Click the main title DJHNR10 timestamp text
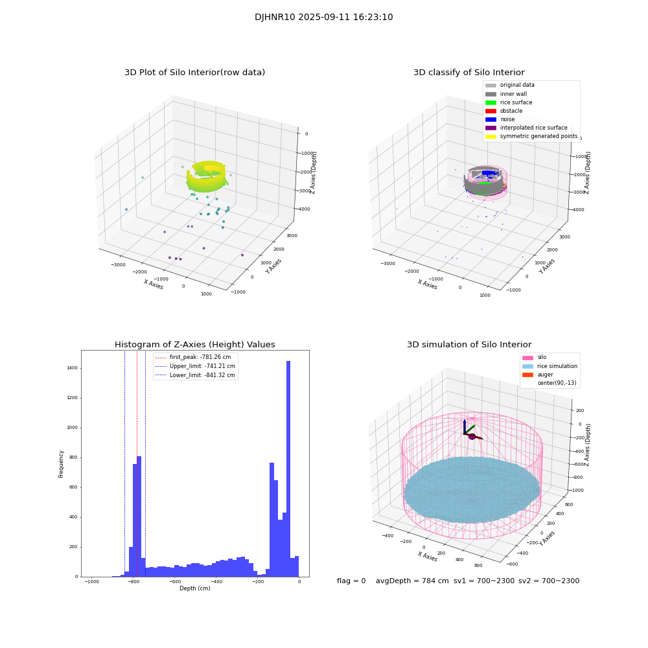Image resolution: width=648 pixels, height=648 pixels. [x=323, y=17]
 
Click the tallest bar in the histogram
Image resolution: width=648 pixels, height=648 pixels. [x=288, y=467]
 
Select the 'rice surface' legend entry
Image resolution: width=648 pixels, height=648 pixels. [x=516, y=102]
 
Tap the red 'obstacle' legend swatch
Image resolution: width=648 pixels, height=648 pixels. [x=491, y=111]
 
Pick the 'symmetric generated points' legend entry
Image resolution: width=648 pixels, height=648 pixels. [x=538, y=136]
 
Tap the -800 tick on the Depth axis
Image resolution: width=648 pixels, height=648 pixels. [x=133, y=582]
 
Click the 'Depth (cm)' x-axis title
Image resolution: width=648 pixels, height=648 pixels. [x=194, y=588]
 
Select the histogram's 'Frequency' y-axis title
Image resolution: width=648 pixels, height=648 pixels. [x=62, y=463]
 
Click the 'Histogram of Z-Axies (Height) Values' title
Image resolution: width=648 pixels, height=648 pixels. [x=194, y=345]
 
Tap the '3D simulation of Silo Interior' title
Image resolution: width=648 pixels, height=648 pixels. [x=469, y=345]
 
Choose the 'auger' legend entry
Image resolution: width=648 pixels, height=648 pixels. [x=545, y=375]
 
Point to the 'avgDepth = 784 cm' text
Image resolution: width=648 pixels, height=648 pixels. [x=412, y=581]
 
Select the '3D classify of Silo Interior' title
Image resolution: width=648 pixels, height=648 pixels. [x=469, y=73]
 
